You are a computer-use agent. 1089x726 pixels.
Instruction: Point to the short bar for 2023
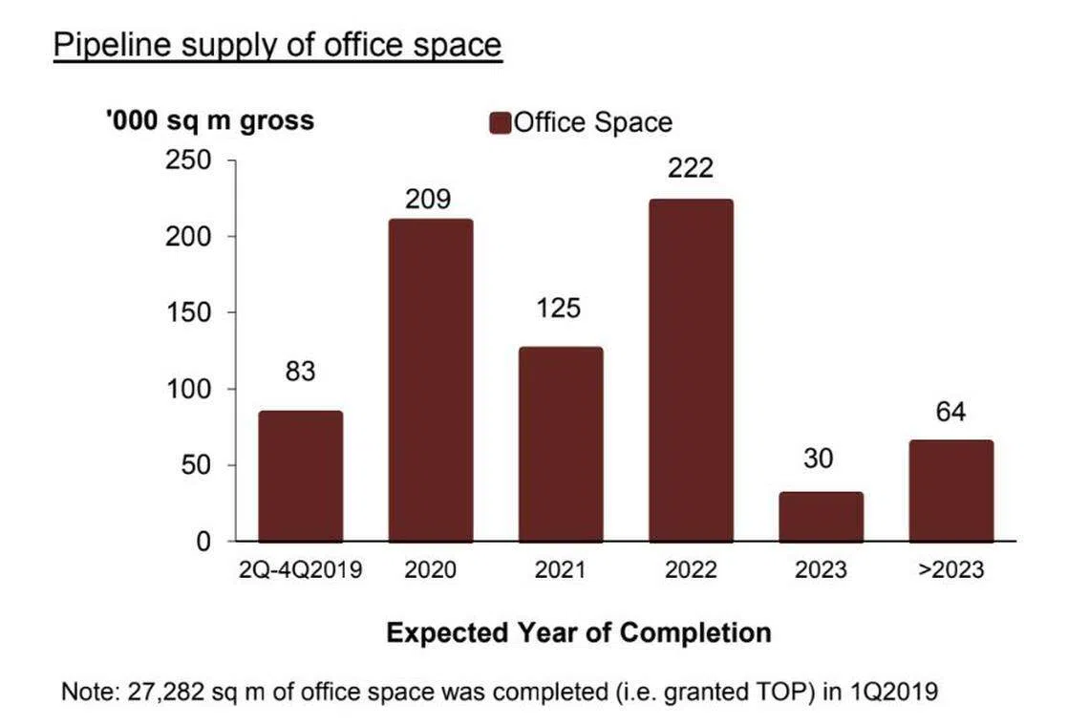[x=821, y=517]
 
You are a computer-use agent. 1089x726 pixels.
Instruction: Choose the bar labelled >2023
[x=951, y=491]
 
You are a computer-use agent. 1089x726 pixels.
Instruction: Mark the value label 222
[x=691, y=168]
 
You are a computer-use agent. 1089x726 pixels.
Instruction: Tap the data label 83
[x=300, y=372]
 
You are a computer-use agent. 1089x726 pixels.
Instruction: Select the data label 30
[x=820, y=459]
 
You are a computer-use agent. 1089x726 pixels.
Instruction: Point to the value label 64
[x=951, y=413]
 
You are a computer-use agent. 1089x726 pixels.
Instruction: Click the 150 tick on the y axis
[x=190, y=312]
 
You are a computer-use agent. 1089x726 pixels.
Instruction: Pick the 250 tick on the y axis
[x=190, y=160]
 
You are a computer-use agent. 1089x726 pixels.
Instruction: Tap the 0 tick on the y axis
[x=203, y=542]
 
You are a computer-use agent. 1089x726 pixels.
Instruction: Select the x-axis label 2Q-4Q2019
[x=300, y=570]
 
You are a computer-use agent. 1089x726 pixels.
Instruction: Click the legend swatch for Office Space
[x=501, y=123]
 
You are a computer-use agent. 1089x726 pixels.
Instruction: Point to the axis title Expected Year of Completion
[x=579, y=632]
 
